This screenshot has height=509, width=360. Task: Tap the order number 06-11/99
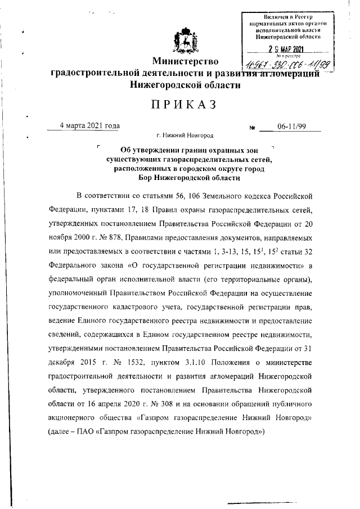[x=290, y=127]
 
